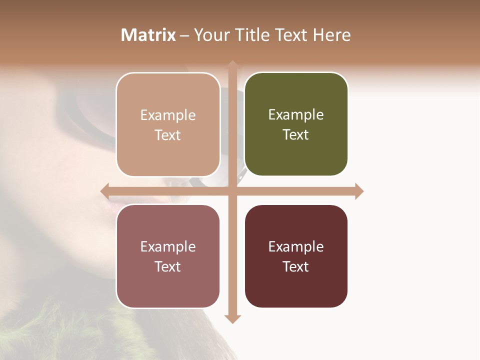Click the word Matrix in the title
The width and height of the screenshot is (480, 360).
(x=148, y=35)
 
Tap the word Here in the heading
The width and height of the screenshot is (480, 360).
(x=332, y=35)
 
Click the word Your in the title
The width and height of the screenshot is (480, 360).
(x=209, y=35)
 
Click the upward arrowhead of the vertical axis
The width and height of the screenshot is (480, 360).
(x=232, y=65)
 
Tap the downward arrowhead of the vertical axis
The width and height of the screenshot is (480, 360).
(x=232, y=319)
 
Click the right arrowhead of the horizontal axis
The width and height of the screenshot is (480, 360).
(x=359, y=191)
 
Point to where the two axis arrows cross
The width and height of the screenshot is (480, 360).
(x=232, y=191)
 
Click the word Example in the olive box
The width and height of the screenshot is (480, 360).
(x=296, y=114)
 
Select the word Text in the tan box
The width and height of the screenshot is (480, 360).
(x=168, y=135)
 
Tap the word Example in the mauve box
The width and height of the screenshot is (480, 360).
(x=168, y=246)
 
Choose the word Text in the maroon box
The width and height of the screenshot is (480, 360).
(x=296, y=266)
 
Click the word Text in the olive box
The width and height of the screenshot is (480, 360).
(x=296, y=134)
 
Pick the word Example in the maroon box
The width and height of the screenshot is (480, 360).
(x=296, y=246)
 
